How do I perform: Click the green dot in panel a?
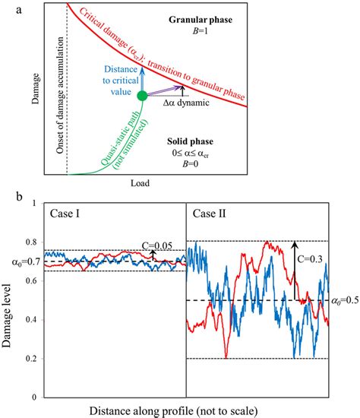pyautogui.click(x=142, y=96)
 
